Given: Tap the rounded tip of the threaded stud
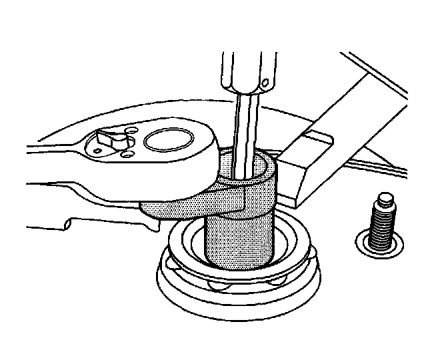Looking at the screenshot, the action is tap(384, 197).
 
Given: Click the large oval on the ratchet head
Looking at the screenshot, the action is tap(166, 141).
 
